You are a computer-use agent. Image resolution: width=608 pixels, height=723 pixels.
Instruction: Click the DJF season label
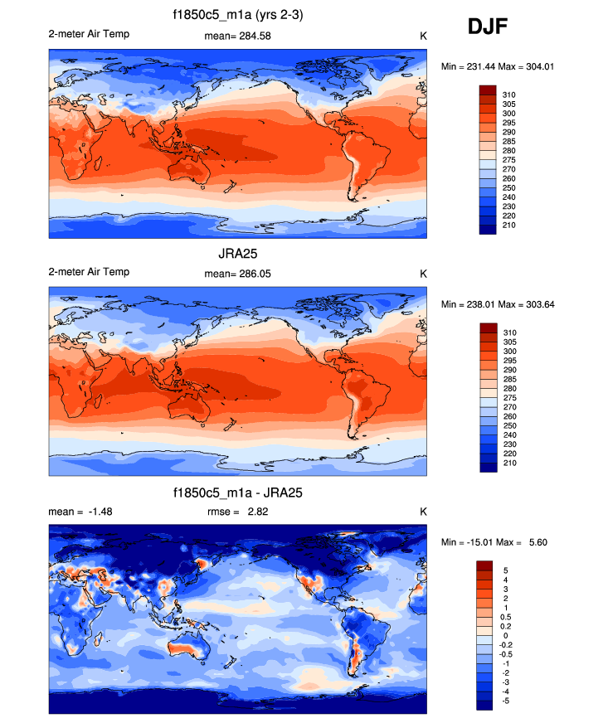[x=488, y=27]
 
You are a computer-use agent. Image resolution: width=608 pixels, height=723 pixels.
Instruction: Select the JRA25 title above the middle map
[x=236, y=255]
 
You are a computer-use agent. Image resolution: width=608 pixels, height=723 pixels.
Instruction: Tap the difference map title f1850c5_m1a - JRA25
[x=236, y=493]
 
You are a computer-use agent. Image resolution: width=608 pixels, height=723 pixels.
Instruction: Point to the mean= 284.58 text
[x=237, y=36]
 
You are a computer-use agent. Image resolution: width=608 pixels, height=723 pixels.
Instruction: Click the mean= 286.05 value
[x=237, y=273]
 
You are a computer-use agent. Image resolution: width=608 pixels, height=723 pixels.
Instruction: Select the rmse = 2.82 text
[x=237, y=511]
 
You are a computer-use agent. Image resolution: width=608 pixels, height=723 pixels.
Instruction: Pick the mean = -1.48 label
[x=80, y=511]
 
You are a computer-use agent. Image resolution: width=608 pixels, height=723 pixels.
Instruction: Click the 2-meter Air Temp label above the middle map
[x=89, y=272]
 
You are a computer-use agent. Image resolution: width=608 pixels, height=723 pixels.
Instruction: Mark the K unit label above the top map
[x=423, y=36]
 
